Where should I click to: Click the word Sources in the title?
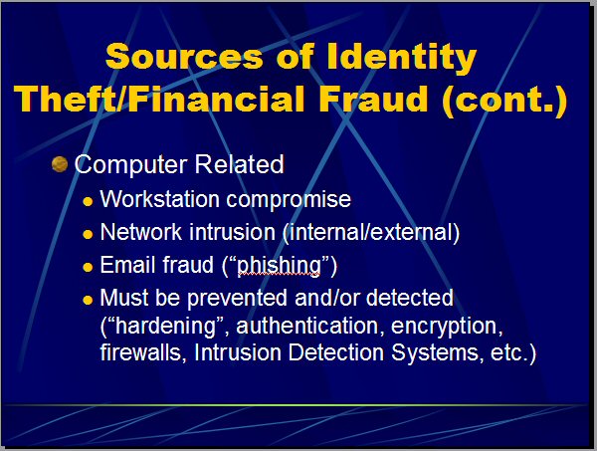[184, 56]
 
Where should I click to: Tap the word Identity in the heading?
[402, 58]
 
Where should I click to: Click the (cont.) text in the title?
[504, 100]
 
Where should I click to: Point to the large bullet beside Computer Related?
[60, 164]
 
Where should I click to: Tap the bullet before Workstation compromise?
[88, 201]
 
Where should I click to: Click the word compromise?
[289, 200]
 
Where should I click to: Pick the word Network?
[141, 232]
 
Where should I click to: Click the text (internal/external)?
[371, 232]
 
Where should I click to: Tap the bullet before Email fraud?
[88, 267]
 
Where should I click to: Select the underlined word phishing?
[279, 266]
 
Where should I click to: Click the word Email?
[127, 265]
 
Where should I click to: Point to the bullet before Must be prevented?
[88, 300]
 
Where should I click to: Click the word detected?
[410, 298]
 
